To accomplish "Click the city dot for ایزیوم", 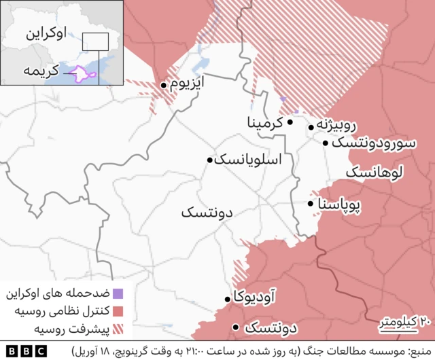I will coord(164,86).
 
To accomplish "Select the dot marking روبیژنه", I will coord(312,126).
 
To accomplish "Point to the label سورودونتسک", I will coord(373,143).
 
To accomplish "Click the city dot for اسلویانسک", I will coord(210,160).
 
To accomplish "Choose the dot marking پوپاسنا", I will coord(311,204).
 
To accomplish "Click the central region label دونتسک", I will coord(207,213).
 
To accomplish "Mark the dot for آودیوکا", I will coord(228,299).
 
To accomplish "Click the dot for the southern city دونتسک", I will coord(235,327).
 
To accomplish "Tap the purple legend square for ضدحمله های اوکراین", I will coord(118,294).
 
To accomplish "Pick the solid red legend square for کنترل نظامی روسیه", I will coord(118,312).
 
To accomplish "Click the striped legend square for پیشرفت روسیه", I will coord(118,329).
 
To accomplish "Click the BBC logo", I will coord(25,351).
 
